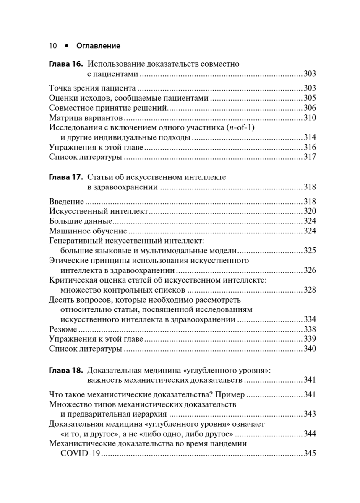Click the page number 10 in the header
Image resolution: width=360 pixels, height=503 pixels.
(x=53, y=45)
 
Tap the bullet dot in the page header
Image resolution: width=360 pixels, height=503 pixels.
(x=66, y=45)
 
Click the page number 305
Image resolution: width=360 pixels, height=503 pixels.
(x=310, y=98)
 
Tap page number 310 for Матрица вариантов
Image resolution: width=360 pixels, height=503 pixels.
(x=310, y=117)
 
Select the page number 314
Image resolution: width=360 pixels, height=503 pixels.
(x=310, y=137)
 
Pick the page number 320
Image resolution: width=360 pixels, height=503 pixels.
(x=310, y=211)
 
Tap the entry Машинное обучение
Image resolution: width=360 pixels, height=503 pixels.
(x=88, y=231)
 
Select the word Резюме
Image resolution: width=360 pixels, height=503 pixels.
(x=63, y=329)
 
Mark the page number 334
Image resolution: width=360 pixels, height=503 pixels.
(x=310, y=319)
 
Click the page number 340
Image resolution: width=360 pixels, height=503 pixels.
(x=310, y=349)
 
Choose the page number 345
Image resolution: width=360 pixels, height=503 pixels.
(x=310, y=454)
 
